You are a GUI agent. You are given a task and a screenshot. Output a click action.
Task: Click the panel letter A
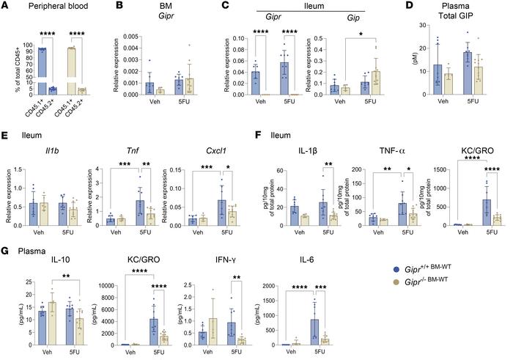point(6,7)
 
